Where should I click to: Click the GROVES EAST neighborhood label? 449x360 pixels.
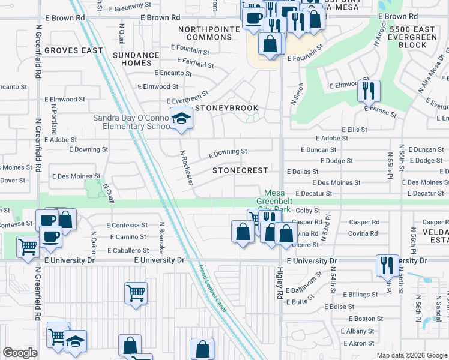[73, 50]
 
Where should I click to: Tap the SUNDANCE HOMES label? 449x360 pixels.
[136, 59]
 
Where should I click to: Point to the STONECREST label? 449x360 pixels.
[240, 170]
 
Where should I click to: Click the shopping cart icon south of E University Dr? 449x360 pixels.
[136, 294]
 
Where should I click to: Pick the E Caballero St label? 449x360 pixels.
[128, 250]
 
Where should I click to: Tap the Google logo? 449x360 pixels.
[20, 353]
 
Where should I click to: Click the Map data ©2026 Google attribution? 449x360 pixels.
[412, 355]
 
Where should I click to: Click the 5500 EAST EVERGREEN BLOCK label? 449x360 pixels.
[417, 37]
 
